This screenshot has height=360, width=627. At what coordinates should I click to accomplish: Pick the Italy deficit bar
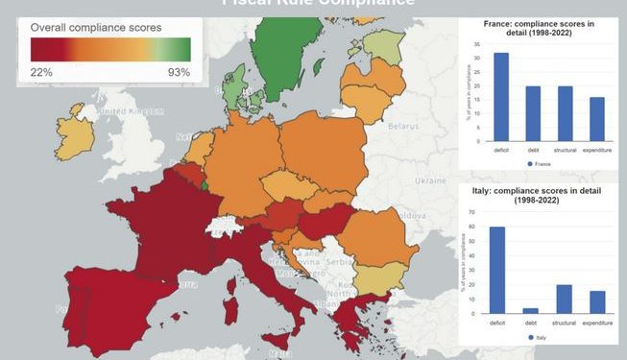coord(498,270)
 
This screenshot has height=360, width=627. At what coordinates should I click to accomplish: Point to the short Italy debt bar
coord(531,310)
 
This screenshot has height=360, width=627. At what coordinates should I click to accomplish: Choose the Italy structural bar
coord(565,299)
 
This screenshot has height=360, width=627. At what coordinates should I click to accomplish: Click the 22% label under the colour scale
coord(41,72)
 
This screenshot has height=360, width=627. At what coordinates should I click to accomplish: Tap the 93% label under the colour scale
coord(179,72)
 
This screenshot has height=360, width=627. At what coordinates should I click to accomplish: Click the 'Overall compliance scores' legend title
coord(96,28)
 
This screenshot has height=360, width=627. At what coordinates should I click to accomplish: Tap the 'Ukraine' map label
coord(428,180)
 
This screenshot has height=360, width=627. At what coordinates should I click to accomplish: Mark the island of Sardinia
coord(229,309)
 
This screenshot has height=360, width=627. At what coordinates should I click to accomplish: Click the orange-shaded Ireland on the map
coord(76,138)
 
